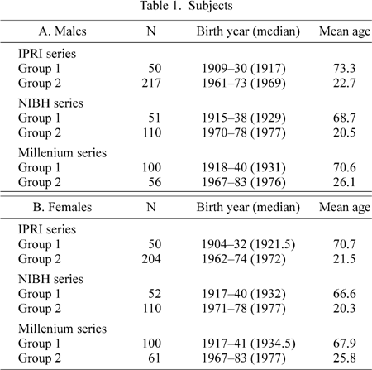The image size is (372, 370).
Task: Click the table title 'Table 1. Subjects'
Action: click(x=187, y=6)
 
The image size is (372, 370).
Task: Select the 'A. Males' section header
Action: click(x=63, y=31)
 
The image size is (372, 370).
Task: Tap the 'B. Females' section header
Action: click(x=63, y=207)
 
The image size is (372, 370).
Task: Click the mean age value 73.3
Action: click(x=345, y=68)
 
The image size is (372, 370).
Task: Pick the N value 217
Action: click(x=151, y=83)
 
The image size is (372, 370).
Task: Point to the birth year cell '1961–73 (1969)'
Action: click(x=244, y=83)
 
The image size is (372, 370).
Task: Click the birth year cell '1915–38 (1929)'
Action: click(x=244, y=118)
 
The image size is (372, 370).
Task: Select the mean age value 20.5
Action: click(x=345, y=132)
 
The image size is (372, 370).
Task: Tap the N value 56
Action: click(x=155, y=182)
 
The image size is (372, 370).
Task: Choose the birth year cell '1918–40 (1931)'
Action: click(x=244, y=167)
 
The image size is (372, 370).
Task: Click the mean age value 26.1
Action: click(x=345, y=182)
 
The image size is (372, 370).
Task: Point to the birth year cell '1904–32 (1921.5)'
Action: click(x=249, y=244)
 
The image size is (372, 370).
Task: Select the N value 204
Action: click(x=151, y=259)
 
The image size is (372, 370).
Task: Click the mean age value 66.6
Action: click(x=345, y=294)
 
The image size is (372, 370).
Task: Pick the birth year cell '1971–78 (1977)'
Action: click(x=244, y=309)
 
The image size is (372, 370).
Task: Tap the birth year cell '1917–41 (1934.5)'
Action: click(x=249, y=344)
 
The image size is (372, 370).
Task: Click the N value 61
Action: click(x=155, y=358)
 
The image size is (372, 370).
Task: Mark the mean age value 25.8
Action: click(x=345, y=358)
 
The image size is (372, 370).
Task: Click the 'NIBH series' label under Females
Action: click(x=50, y=279)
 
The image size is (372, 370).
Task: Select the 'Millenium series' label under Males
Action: click(x=62, y=152)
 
